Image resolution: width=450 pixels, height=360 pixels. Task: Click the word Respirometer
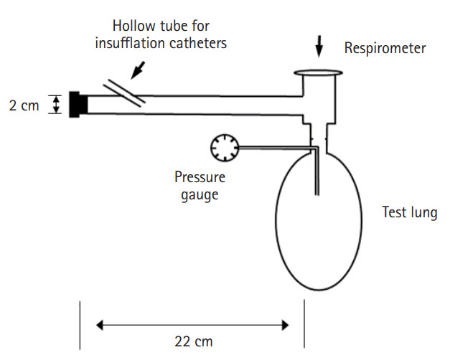385,49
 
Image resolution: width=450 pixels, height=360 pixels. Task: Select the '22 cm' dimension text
194,341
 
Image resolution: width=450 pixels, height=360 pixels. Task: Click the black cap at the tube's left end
78,105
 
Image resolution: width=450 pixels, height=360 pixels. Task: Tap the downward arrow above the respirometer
319,46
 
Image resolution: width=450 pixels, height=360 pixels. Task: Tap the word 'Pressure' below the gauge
200,178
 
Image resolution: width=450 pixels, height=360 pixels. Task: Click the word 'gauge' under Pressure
200,194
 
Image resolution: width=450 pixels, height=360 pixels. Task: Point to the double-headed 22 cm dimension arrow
193,325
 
